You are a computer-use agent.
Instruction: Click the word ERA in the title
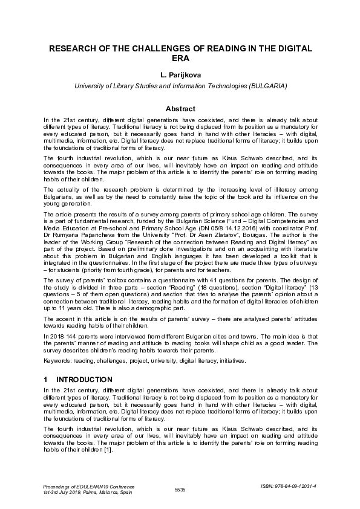[180, 59]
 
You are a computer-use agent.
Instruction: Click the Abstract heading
[180, 109]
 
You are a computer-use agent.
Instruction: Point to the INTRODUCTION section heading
[84, 380]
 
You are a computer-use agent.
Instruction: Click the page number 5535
[180, 489]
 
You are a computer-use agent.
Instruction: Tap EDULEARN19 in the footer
[94, 486]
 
